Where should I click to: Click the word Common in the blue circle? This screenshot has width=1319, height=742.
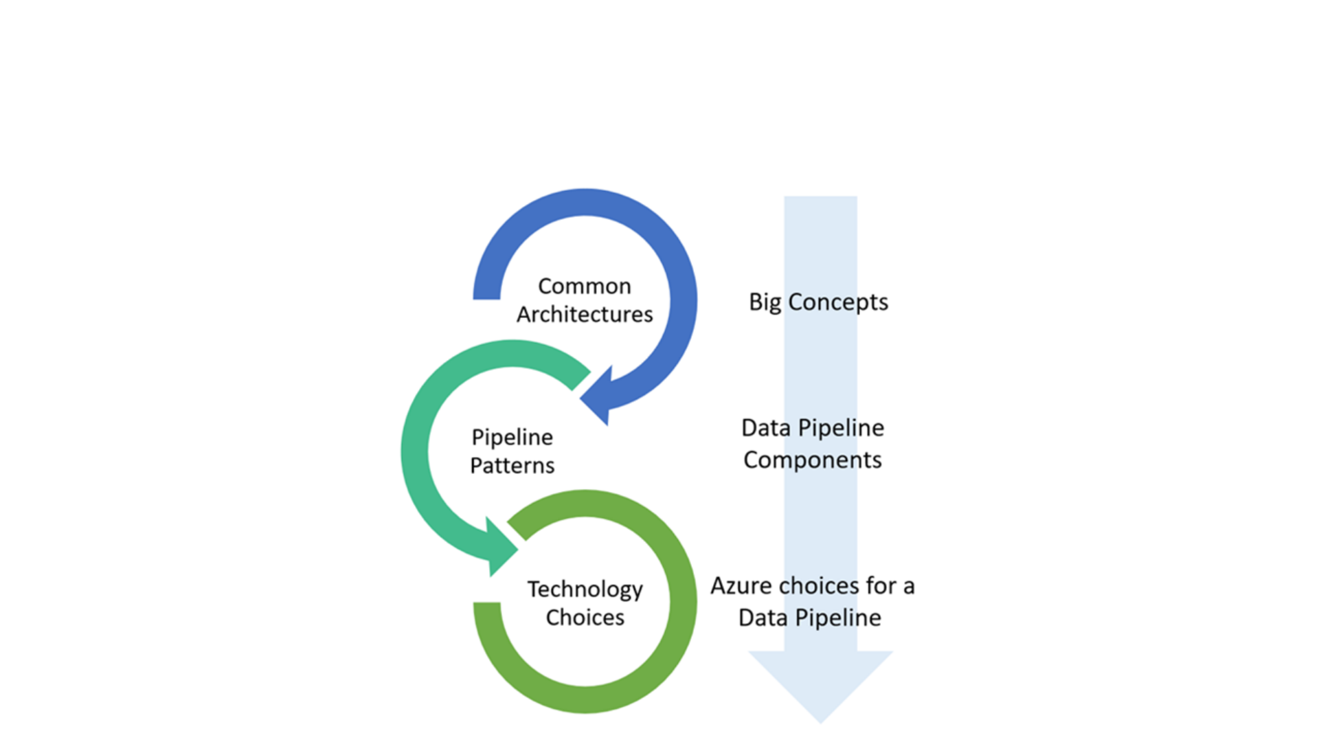(584, 286)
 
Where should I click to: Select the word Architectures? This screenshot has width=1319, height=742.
(585, 314)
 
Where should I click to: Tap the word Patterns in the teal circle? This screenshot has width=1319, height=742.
(512, 465)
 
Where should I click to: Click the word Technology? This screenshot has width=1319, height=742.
(585, 589)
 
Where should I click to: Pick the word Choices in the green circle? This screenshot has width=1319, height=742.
(585, 617)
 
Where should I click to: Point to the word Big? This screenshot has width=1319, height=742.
(765, 302)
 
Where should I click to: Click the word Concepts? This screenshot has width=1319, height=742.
(837, 302)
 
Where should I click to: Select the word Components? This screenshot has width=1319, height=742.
(812, 460)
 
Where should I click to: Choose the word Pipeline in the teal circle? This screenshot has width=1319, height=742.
(512, 438)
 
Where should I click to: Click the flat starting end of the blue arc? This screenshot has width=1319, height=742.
(486, 294)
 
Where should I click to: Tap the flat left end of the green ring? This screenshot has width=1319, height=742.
(487, 607)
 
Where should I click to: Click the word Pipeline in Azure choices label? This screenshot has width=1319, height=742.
(837, 618)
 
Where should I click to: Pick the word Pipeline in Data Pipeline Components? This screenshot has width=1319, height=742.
(841, 428)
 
